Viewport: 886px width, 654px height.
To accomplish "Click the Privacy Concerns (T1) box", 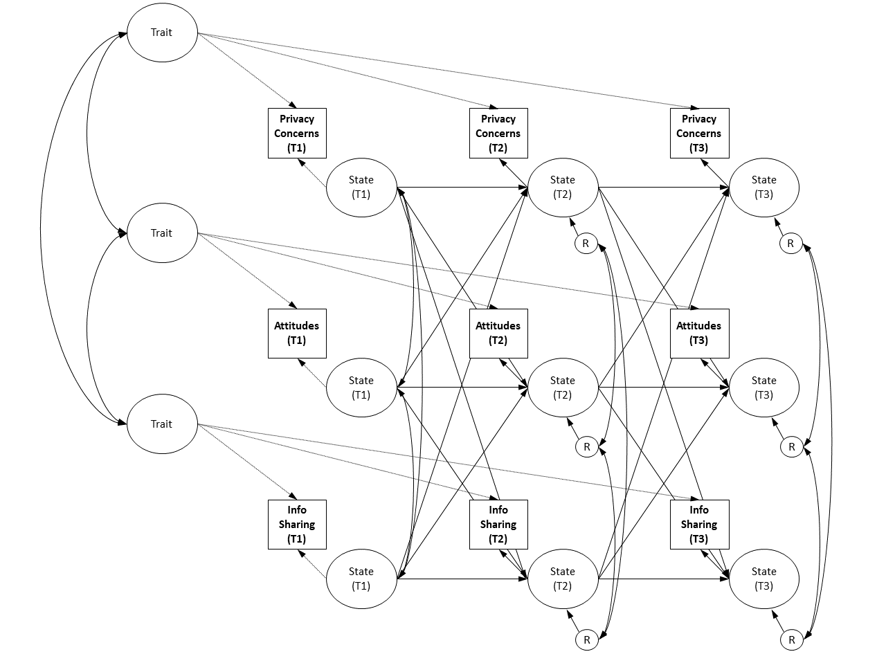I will pyautogui.click(x=297, y=133).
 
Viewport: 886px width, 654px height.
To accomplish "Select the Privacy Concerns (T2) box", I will pyautogui.click(x=498, y=133).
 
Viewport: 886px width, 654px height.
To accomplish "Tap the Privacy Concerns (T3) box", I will pyautogui.click(x=699, y=133).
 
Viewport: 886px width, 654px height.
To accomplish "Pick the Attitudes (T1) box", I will pyautogui.click(x=297, y=333).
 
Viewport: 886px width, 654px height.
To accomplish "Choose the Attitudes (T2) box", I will pyautogui.click(x=498, y=333).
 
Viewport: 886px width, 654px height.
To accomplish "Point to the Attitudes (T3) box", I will pyautogui.click(x=699, y=333).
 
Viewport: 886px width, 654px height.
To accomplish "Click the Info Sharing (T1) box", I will pyautogui.click(x=297, y=524).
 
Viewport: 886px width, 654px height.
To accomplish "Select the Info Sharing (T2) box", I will pyautogui.click(x=498, y=524).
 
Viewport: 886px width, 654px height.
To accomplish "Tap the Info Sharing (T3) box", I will pyautogui.click(x=699, y=524).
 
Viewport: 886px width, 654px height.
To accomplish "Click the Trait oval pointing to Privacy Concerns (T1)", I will pyautogui.click(x=162, y=33).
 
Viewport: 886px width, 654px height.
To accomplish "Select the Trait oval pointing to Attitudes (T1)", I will pyautogui.click(x=162, y=233).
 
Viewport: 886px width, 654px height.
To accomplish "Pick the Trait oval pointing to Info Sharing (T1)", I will pyautogui.click(x=162, y=424).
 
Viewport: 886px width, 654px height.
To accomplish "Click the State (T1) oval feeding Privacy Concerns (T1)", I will pyautogui.click(x=361, y=187).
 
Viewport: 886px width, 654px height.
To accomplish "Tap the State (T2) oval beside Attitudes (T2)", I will pyautogui.click(x=562, y=388).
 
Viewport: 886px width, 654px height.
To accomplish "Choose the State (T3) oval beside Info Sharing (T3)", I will pyautogui.click(x=763, y=579).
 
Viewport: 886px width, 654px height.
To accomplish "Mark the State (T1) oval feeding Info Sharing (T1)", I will pyautogui.click(x=361, y=579).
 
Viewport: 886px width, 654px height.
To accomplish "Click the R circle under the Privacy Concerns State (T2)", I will pyautogui.click(x=586, y=244).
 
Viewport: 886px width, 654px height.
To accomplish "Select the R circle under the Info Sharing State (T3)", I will pyautogui.click(x=791, y=640).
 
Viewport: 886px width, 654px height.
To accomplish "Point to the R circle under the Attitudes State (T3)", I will pyautogui.click(x=791, y=447).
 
